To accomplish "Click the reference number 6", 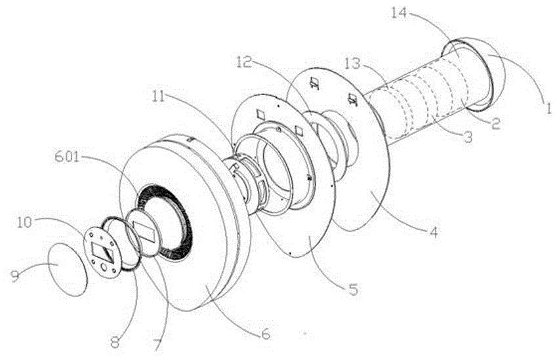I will click(266, 332).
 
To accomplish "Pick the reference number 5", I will click(355, 288).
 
